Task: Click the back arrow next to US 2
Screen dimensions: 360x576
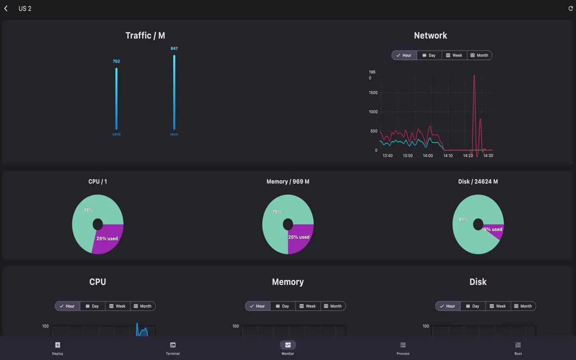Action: pyautogui.click(x=6, y=9)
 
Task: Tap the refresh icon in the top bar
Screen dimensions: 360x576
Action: pyautogui.click(x=571, y=9)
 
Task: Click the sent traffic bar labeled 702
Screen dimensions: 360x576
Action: pyautogui.click(x=116, y=99)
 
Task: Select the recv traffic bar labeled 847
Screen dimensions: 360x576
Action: pyautogui.click(x=174, y=92)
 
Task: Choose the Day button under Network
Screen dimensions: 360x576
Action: pyautogui.click(x=429, y=56)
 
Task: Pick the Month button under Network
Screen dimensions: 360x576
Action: pyautogui.click(x=479, y=56)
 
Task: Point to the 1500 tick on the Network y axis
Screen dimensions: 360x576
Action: pyautogui.click(x=373, y=93)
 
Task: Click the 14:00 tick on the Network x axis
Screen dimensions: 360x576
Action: pyautogui.click(x=428, y=156)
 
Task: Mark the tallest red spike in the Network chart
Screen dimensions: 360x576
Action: pyautogui.click(x=474, y=76)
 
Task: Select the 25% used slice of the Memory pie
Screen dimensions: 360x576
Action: pyautogui.click(x=299, y=237)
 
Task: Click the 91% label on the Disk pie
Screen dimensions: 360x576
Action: pyautogui.click(x=463, y=219)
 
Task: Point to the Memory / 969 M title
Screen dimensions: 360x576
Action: pyautogui.click(x=288, y=182)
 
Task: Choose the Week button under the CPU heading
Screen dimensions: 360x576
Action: pyautogui.click(x=117, y=306)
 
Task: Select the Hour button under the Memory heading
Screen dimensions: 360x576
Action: pyautogui.click(x=258, y=306)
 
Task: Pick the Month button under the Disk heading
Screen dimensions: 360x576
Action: pyautogui.click(x=523, y=306)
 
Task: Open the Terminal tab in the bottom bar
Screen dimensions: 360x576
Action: pyautogui.click(x=172, y=348)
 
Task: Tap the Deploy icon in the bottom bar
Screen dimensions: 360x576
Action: pyautogui.click(x=57, y=345)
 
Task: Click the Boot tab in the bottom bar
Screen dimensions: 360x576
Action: pyautogui.click(x=518, y=348)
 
